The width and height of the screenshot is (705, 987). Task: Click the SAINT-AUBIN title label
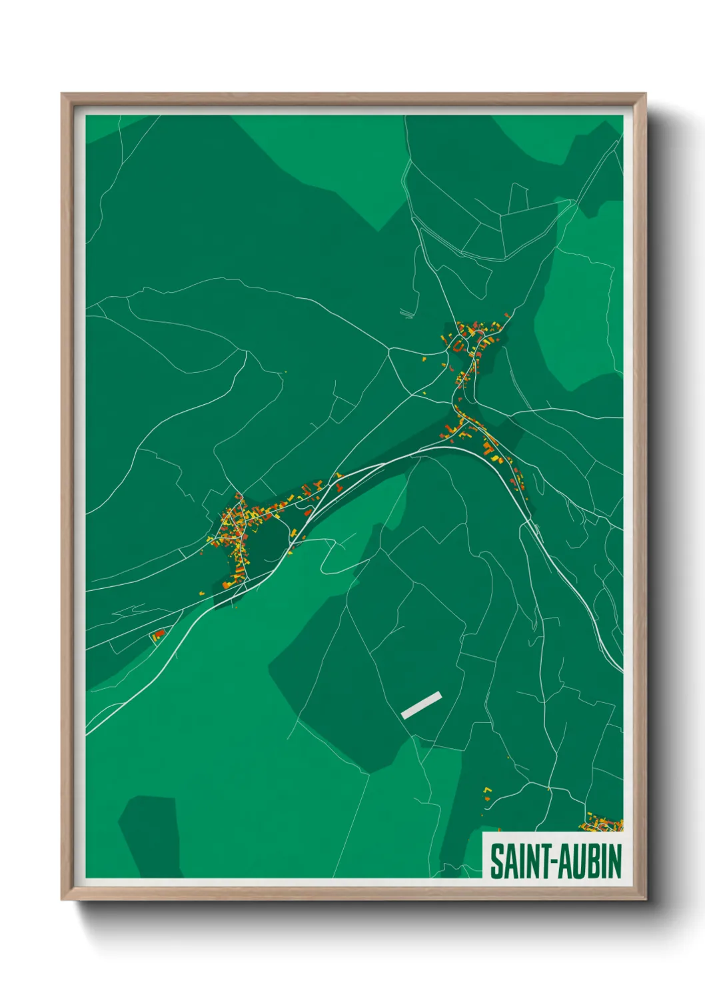pos(556,861)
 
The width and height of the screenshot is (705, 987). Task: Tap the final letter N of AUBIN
pos(614,862)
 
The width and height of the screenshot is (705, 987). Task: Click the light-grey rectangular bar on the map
pos(421,705)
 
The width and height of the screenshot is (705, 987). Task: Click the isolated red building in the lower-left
pos(159,634)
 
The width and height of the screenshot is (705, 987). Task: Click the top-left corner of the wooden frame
pos(63,95)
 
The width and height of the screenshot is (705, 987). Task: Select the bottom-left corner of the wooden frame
pos(63,900)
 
